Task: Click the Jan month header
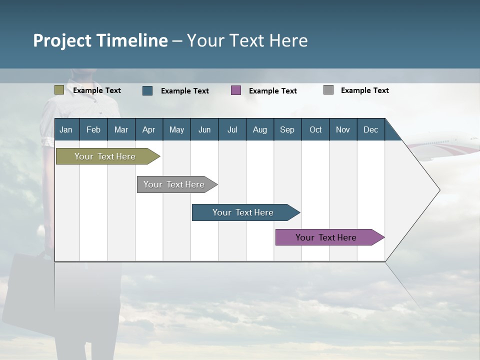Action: coord(66,129)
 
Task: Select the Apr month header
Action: coord(148,129)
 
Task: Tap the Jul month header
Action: coord(232,129)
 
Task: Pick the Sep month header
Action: coord(287,129)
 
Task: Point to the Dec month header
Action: coord(370,129)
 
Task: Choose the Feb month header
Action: coord(93,129)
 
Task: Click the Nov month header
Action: coord(342,129)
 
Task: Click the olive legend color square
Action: coord(59,90)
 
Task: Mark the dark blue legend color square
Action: coord(147,90)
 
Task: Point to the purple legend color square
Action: coord(236,90)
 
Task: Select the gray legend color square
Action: coord(328,90)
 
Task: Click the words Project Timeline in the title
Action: coord(100,40)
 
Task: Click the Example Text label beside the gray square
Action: coord(364,90)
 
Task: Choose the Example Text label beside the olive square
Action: coord(97,90)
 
